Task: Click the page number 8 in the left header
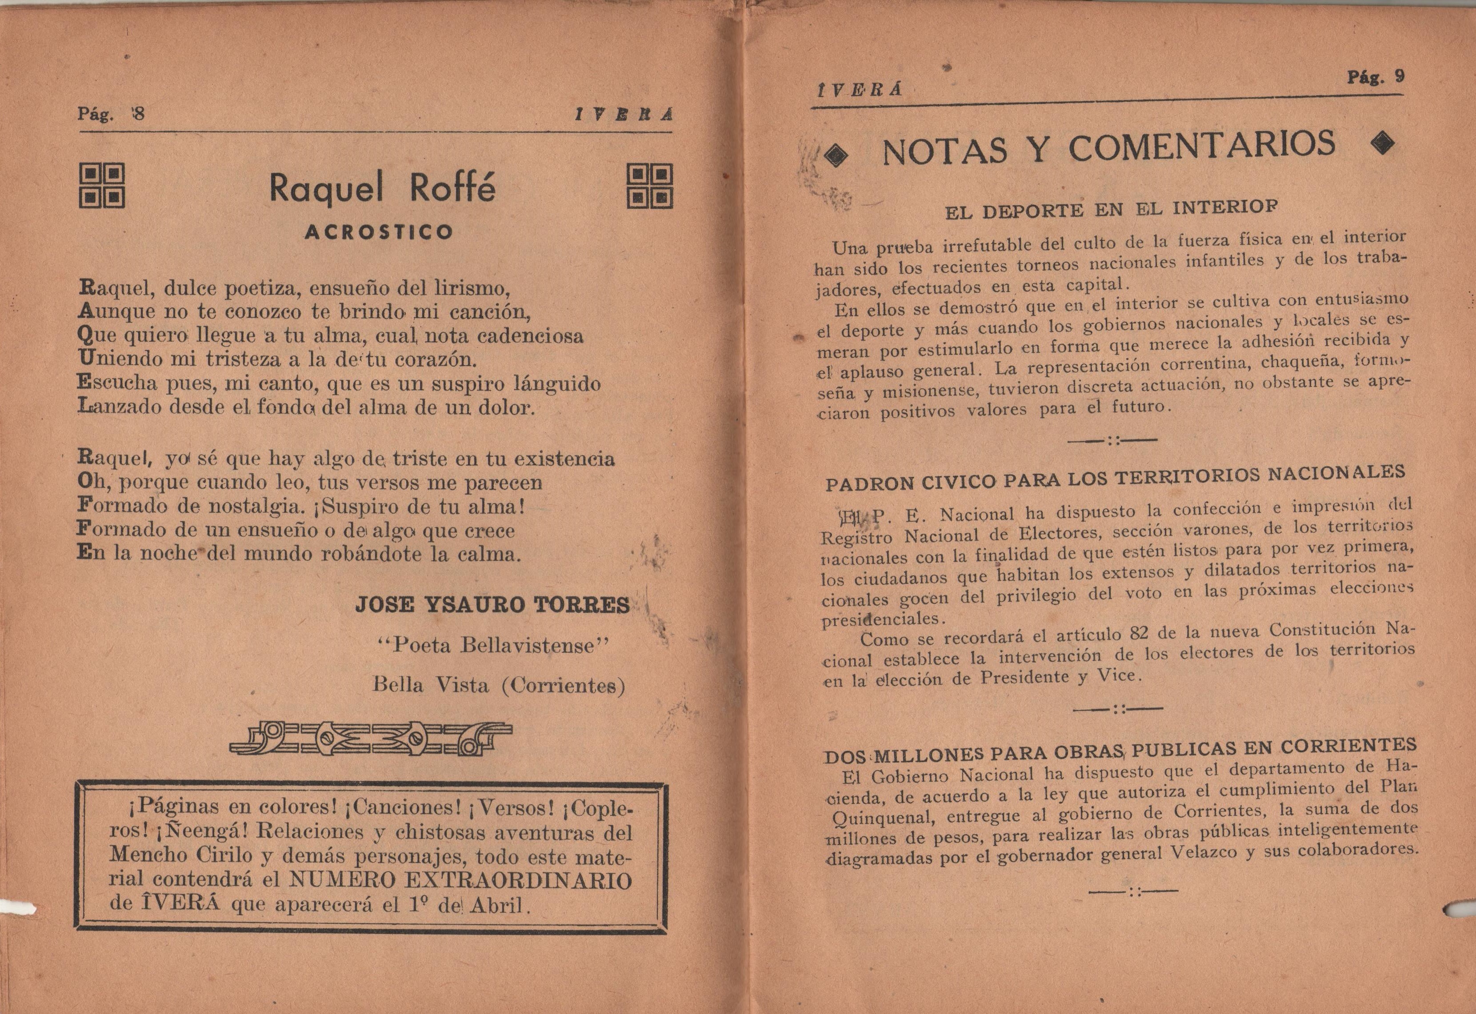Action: [139, 114]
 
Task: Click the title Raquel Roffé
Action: [382, 188]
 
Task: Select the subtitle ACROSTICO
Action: [379, 232]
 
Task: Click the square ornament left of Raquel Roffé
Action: [102, 186]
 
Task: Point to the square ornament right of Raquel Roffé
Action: [649, 186]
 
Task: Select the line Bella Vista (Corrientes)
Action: [499, 685]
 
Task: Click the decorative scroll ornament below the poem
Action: [370, 739]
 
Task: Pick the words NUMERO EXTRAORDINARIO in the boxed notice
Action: [460, 881]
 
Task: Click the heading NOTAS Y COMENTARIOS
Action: [1108, 148]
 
